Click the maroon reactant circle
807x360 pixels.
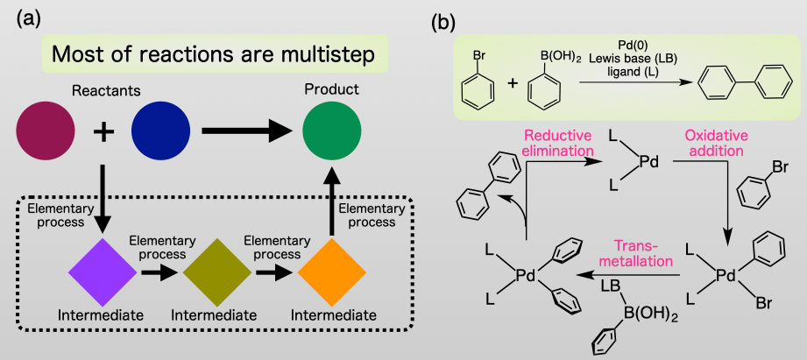[x=46, y=131]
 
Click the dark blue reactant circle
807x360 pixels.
[x=160, y=131]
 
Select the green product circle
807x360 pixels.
[x=332, y=131]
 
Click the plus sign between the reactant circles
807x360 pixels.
[x=103, y=132]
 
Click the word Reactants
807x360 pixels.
[x=103, y=90]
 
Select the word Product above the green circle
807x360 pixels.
[x=331, y=90]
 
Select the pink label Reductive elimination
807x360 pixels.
[x=559, y=144]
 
